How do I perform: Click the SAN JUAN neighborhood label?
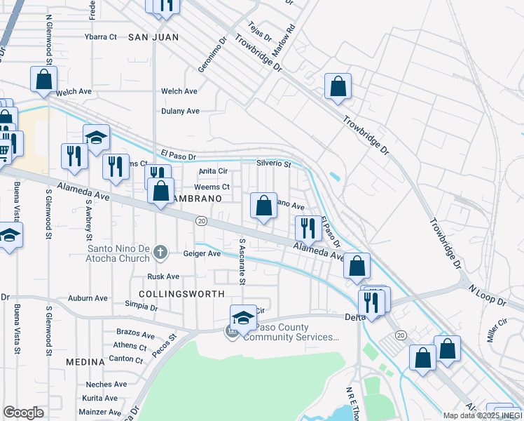(153, 36)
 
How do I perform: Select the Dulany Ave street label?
(180, 111)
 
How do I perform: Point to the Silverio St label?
(273, 163)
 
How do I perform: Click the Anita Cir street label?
(214, 171)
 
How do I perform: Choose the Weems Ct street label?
(212, 187)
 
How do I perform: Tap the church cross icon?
(160, 252)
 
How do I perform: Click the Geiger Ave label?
(202, 254)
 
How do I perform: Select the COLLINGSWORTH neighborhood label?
(181, 294)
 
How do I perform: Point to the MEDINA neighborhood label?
(85, 361)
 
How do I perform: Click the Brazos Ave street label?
(136, 335)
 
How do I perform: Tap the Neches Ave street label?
(106, 385)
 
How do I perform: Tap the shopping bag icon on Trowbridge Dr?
(338, 88)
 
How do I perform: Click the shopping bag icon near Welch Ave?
(43, 80)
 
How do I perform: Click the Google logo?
(24, 413)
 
